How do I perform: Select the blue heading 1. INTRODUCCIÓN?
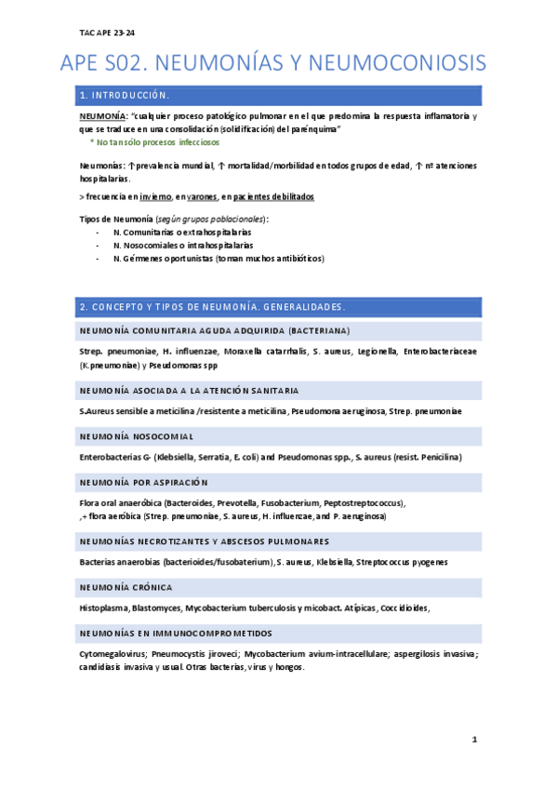click(125, 95)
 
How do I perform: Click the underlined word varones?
click(203, 197)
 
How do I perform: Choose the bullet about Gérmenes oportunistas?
click(219, 258)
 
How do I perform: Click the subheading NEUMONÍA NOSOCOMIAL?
click(137, 435)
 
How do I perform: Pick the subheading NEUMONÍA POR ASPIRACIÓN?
click(144, 482)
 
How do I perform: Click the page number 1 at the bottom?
click(473, 740)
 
